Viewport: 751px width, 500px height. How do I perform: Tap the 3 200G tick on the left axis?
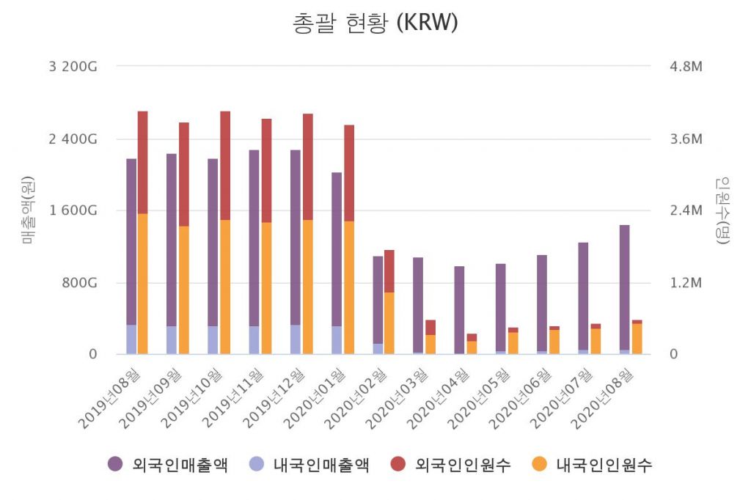click(73, 67)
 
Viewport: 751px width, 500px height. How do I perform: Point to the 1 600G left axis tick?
click(73, 211)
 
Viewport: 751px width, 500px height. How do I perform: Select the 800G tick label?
click(78, 283)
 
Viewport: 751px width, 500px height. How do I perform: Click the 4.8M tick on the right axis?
click(686, 67)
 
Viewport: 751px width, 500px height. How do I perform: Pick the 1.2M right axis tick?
click(686, 283)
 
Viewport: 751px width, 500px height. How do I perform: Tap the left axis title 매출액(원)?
click(28, 210)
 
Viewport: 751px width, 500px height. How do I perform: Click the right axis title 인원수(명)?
click(723, 210)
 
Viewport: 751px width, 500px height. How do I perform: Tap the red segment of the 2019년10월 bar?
click(225, 165)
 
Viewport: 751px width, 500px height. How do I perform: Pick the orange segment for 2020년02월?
click(389, 323)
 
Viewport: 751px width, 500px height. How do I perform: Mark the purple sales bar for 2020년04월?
click(459, 308)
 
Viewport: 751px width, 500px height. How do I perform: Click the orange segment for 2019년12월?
click(308, 286)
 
